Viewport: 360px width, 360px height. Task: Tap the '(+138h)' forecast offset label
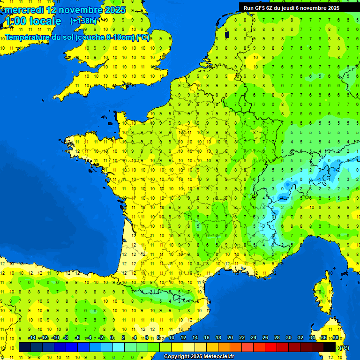click(x=83, y=21)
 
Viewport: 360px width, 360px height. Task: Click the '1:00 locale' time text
click(x=33, y=21)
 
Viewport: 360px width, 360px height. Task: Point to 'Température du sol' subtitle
click(x=40, y=37)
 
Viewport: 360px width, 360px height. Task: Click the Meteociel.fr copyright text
click(x=199, y=356)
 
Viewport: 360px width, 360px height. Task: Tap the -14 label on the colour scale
click(x=32, y=338)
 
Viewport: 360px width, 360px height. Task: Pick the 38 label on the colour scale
click(x=335, y=338)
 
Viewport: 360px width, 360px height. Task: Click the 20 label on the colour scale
click(x=230, y=338)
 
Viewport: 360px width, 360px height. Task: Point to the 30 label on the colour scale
click(x=288, y=338)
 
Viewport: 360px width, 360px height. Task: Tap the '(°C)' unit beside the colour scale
click(x=344, y=347)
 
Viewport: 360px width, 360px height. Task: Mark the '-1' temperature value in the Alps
click(x=320, y=179)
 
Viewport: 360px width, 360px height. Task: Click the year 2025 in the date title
click(x=114, y=10)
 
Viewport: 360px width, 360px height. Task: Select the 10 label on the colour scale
click(x=171, y=338)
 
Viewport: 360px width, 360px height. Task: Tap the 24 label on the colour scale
click(x=253, y=338)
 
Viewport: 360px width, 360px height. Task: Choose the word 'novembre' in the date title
click(x=78, y=10)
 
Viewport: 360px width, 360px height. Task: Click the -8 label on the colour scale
click(x=66, y=338)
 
